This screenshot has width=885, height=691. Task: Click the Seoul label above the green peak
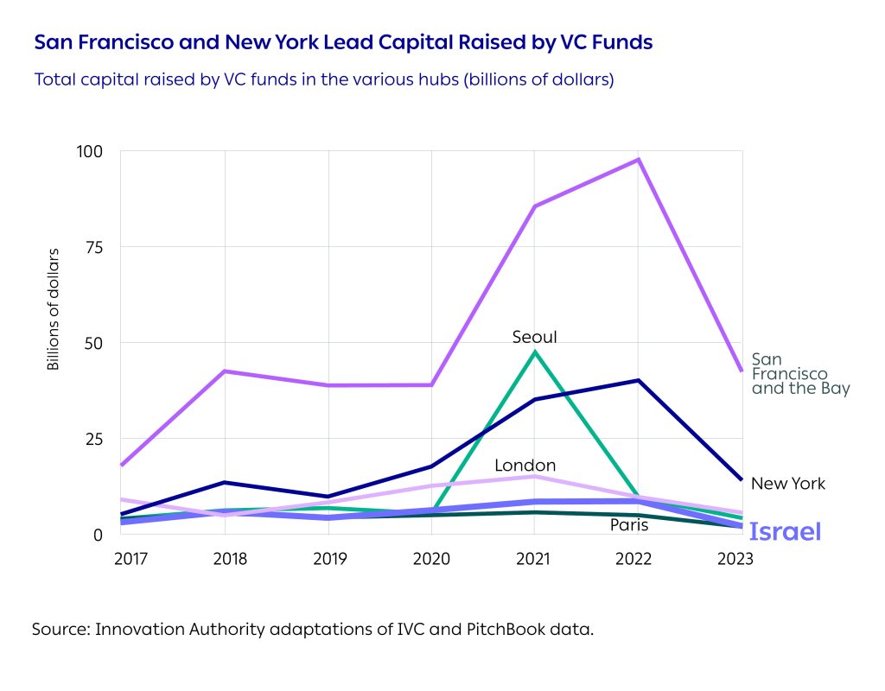534,337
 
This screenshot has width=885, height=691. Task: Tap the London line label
525,466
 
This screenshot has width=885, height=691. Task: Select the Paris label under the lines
629,524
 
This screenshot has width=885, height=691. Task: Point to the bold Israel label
785,532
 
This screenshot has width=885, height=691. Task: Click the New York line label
787,484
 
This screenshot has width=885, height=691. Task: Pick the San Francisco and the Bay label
800,373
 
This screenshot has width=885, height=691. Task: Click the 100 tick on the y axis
90,151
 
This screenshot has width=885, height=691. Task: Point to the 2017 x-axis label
131,559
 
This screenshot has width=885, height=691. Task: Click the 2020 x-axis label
432,559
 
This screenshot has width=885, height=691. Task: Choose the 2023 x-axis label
735,559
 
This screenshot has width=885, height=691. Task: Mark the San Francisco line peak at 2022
638,160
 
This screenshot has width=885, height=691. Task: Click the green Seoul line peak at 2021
535,352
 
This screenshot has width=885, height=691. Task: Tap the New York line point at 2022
638,380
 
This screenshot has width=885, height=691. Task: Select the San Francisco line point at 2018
225,371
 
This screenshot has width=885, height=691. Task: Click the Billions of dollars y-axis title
54,308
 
